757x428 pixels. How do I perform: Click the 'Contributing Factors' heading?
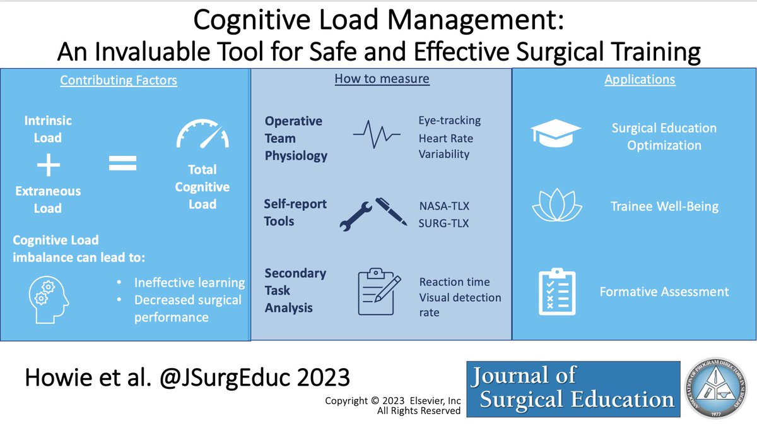(x=119, y=80)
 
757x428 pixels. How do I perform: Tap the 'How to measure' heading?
(x=382, y=79)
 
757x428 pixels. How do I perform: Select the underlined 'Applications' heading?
(x=640, y=80)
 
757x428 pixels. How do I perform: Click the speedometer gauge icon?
(x=201, y=133)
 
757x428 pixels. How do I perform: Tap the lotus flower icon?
(x=555, y=206)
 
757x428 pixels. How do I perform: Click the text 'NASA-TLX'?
(x=445, y=206)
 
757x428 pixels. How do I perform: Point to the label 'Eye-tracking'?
(x=449, y=120)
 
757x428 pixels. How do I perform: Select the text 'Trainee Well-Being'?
(x=664, y=206)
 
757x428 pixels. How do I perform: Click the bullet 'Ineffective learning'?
(x=189, y=283)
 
